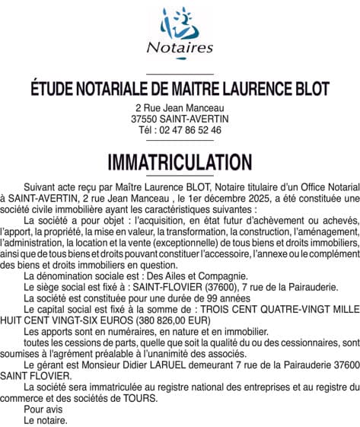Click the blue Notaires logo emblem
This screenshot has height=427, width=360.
tap(180, 23)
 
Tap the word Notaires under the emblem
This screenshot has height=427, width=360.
tap(180, 48)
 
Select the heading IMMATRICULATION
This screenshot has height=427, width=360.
tap(180, 162)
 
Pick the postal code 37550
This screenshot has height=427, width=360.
tap(145, 119)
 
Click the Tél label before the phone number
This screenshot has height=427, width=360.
tap(146, 130)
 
